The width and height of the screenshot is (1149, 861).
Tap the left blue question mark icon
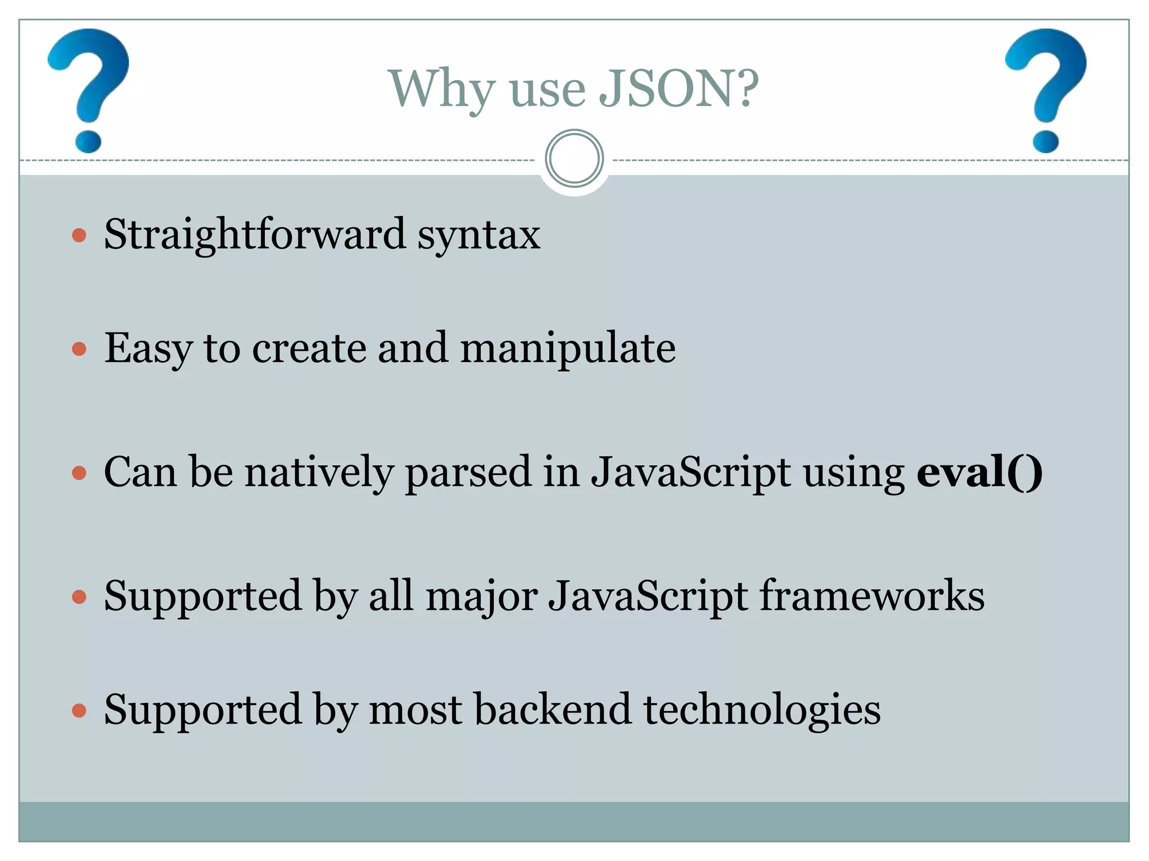[89, 90]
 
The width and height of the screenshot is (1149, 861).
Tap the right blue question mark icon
[1045, 90]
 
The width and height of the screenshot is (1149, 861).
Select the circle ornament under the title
[574, 159]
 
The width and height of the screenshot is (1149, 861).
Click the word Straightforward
[255, 234]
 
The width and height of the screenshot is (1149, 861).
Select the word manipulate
[568, 349]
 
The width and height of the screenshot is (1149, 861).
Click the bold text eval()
[979, 472]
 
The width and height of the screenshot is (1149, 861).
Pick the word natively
[320, 472]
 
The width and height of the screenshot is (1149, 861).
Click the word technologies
[762, 711]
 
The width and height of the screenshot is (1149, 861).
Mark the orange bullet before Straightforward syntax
[79, 235]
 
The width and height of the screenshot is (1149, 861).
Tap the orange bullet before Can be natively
[79, 473]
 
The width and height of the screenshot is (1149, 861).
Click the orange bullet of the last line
[79, 711]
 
